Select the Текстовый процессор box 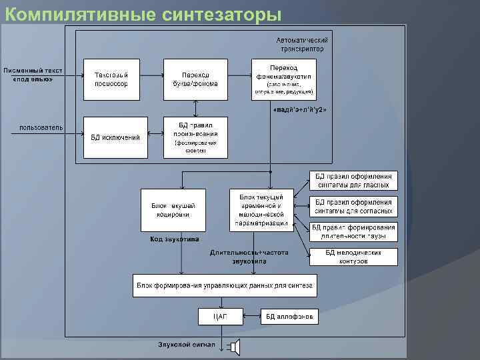click(111, 79)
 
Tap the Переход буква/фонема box click(195, 79)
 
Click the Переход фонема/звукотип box click(283, 79)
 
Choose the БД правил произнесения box click(195, 137)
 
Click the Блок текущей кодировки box click(173, 209)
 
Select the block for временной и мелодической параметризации click(261, 209)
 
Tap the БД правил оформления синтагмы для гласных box click(353, 180)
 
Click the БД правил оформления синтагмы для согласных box click(353, 206)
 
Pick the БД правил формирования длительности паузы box click(353, 231)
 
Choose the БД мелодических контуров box click(353, 257)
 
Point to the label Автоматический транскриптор click(302, 44)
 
